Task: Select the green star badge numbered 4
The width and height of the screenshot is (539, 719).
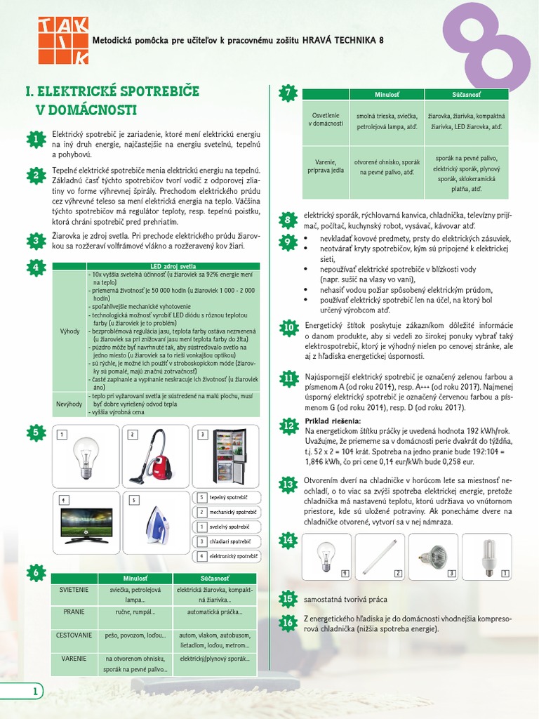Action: [35, 268]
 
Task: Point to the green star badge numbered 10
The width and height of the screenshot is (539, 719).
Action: [288, 328]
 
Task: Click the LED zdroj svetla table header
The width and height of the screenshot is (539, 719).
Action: [173, 266]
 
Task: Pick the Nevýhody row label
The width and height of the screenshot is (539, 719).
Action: [69, 404]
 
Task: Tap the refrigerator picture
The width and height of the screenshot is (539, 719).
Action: [229, 456]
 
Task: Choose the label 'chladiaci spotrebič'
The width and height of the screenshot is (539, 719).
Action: [229, 542]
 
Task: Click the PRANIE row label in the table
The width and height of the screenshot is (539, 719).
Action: [74, 612]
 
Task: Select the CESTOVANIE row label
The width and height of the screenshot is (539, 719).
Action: [74, 635]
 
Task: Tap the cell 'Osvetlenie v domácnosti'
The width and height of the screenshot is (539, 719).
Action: [326, 119]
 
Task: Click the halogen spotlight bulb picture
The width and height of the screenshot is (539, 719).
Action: [432, 555]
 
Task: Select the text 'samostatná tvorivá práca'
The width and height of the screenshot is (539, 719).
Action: [345, 600]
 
